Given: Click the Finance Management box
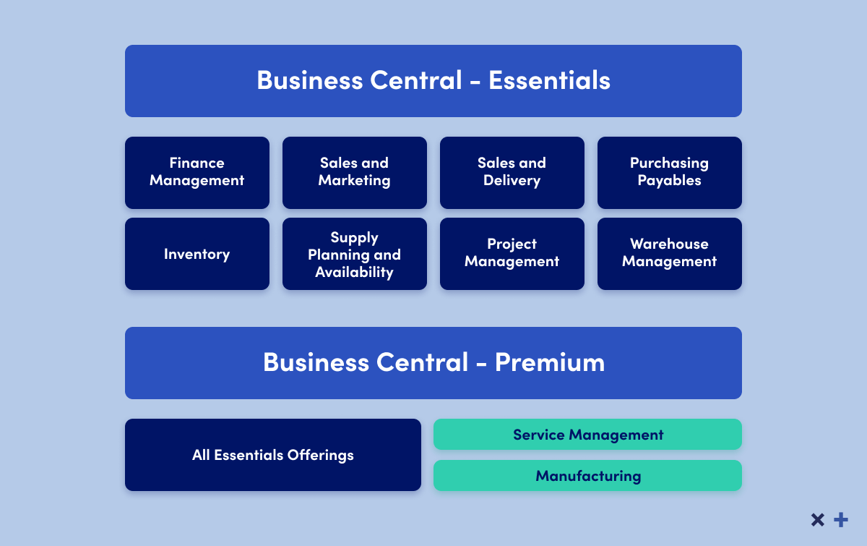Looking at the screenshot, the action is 197,172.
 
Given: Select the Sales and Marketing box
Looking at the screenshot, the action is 355,172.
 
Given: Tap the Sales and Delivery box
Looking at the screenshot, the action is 512,172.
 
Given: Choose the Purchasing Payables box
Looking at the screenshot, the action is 670,172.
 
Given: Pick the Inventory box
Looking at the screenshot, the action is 197,254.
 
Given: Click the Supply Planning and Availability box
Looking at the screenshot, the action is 355,254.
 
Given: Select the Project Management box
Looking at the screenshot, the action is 512,254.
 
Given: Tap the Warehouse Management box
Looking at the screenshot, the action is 670,254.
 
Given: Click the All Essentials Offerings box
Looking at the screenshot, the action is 273,455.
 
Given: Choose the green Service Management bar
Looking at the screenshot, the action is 587,435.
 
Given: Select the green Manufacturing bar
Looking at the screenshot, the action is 587,475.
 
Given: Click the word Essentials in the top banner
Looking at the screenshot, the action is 549,80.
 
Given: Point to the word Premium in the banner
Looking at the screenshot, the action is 550,362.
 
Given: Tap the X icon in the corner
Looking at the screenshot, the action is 818,520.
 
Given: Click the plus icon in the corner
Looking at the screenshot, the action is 841,520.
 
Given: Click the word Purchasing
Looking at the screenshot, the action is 669,163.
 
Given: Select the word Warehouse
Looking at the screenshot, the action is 669,244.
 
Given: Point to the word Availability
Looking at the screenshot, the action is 354,273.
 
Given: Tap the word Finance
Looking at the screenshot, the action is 197,163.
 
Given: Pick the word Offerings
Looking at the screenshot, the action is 321,456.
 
